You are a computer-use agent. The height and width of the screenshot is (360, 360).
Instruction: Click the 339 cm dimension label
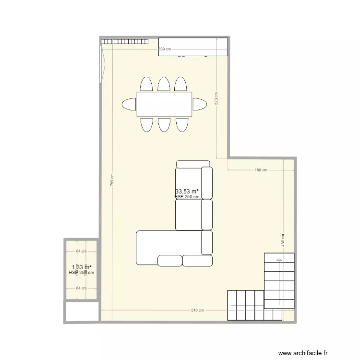[x=165, y=49]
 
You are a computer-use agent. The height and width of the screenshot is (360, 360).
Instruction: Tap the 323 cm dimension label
[x=216, y=98]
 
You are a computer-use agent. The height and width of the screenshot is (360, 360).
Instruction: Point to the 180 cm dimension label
[x=261, y=170]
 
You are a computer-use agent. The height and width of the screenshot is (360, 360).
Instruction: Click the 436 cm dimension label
[x=283, y=240]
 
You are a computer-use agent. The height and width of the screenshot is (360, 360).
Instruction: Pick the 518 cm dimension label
[x=197, y=310]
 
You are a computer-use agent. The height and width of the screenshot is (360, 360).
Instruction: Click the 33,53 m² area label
[x=187, y=191]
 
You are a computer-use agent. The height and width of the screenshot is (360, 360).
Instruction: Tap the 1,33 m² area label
[x=82, y=267]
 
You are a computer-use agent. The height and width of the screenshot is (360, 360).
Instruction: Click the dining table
[x=164, y=104]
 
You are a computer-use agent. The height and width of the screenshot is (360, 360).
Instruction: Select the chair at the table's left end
[x=129, y=104]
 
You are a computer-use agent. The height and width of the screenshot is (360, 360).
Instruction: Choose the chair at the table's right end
[x=200, y=104]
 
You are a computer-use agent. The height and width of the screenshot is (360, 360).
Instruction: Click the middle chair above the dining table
[x=164, y=84]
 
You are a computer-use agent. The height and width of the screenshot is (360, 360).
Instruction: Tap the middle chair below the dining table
[x=164, y=124]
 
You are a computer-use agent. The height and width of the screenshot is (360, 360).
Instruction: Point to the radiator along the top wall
[x=123, y=41]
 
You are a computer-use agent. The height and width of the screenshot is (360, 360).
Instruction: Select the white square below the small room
[x=81, y=312]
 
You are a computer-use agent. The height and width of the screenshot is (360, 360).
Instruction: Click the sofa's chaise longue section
[x=168, y=247]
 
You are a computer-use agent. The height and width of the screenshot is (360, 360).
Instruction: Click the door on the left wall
[x=102, y=64]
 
